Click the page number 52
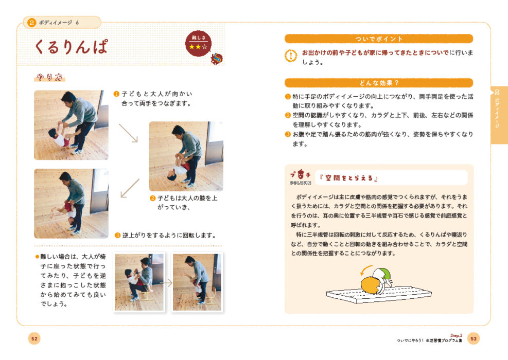[x=34, y=338]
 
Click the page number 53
[x=474, y=338]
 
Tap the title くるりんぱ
[x=71, y=47]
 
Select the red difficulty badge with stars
[x=198, y=43]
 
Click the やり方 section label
[x=50, y=77]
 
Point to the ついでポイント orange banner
[x=379, y=39]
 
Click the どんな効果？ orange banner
[x=379, y=83]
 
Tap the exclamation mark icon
[x=291, y=56]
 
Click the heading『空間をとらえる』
[x=348, y=178]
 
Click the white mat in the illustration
[x=379, y=294]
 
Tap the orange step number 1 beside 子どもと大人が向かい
[x=116, y=94]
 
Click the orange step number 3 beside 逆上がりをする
[x=117, y=236]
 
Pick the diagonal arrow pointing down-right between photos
[x=128, y=133]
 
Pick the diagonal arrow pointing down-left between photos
[x=130, y=188]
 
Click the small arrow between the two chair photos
[x=166, y=283]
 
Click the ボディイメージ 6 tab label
[x=59, y=23]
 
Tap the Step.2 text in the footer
[x=456, y=335]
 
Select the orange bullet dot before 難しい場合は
[x=37, y=257]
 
